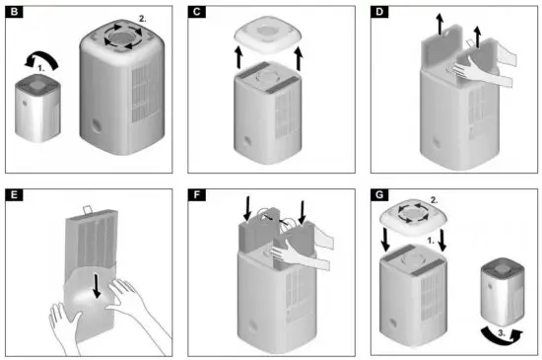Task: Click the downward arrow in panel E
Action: [x=95, y=283]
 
